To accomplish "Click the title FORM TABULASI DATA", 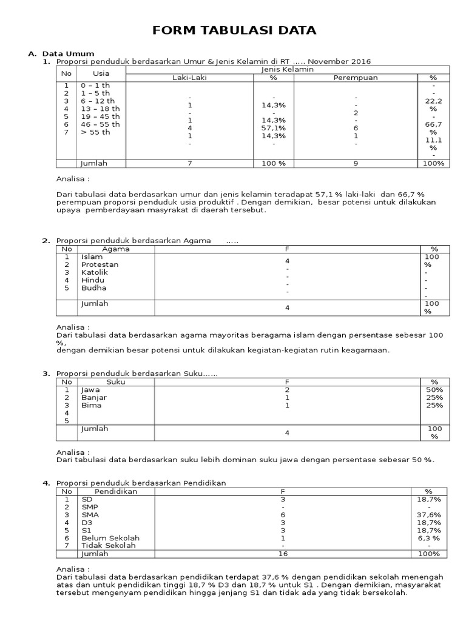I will [x=234, y=30].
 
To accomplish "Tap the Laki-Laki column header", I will [x=189, y=78].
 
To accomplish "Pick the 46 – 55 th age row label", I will [x=100, y=124].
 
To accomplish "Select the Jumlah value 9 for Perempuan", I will [x=356, y=163].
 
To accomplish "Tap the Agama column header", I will [x=115, y=249].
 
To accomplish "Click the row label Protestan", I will [x=100, y=264].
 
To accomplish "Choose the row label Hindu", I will [x=93, y=280].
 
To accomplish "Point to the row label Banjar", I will [x=93, y=397].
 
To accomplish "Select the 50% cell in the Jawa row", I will [x=434, y=389].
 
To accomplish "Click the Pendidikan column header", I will [x=116, y=491].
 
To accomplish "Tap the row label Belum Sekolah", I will [x=110, y=538].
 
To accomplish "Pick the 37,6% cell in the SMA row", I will [x=429, y=514].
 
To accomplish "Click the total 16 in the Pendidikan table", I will [x=283, y=554].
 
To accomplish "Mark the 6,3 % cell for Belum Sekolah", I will [x=429, y=538].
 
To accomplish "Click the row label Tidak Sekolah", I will [x=108, y=546].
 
